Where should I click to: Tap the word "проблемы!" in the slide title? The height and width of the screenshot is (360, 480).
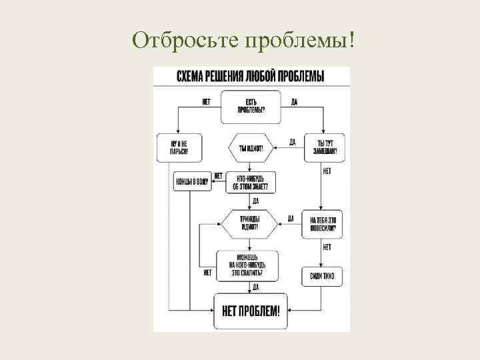tap(298, 39)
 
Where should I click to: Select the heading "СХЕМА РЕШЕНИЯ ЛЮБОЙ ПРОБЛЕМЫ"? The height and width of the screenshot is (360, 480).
tap(251, 76)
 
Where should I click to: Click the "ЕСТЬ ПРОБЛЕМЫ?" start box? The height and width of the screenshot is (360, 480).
tap(251, 107)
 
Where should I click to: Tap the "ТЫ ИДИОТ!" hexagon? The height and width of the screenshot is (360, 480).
tap(251, 148)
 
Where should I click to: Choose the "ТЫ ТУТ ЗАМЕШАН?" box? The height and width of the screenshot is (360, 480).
tap(325, 147)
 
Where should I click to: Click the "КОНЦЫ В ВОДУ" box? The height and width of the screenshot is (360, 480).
tap(191, 181)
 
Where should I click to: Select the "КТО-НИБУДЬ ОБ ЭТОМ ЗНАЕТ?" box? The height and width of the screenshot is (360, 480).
tap(251, 182)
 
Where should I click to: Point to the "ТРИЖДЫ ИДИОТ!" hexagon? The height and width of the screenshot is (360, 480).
tap(251, 223)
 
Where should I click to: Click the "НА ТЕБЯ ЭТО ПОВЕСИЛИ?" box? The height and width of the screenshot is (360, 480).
tap(323, 223)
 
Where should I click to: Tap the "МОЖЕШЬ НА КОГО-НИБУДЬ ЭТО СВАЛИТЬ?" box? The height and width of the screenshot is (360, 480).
tap(249, 265)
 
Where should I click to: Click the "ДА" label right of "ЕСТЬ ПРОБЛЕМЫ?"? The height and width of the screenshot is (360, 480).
tap(294, 102)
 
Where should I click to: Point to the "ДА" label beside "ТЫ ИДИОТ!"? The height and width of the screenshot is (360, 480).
tap(292, 142)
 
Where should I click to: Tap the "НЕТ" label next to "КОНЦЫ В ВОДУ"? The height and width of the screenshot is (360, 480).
tap(218, 175)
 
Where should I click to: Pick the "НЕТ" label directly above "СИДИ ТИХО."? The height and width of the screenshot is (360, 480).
tap(327, 248)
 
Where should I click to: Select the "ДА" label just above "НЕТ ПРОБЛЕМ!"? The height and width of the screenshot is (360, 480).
tap(256, 287)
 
